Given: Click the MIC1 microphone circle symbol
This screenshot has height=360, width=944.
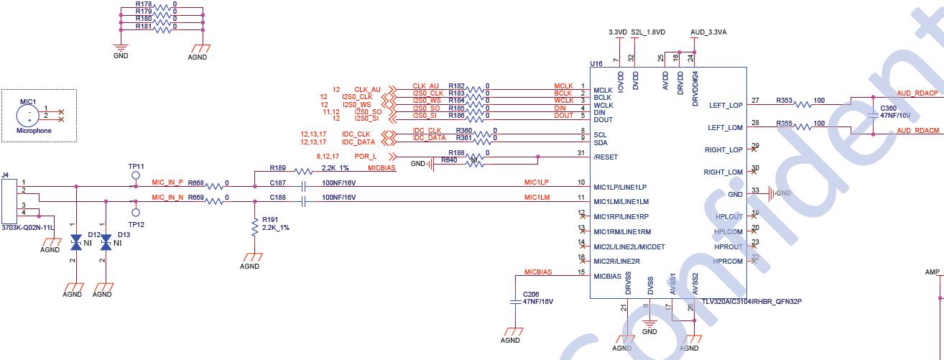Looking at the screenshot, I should [29, 114].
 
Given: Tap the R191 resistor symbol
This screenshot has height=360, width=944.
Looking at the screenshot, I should [254, 227].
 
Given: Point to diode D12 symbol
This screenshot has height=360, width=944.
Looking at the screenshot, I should [76, 243].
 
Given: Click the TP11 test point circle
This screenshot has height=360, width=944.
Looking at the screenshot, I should [135, 175].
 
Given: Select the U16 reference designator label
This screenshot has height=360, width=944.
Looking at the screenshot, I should [596, 64].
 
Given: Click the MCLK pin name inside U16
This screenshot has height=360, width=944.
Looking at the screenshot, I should [602, 90].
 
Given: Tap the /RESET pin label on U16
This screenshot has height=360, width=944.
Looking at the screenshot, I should [605, 157].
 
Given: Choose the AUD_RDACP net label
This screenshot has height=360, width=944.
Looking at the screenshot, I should [917, 93].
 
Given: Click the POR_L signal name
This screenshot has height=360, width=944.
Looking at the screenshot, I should [366, 157].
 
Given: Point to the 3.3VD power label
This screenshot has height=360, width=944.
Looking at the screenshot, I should [617, 32].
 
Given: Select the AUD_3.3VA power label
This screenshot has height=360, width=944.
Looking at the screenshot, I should [708, 32].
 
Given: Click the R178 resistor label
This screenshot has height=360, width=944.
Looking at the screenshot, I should [144, 4].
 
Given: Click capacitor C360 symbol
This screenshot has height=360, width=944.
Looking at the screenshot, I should [873, 112].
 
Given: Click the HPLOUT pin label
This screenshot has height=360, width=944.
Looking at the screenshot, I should [729, 216].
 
